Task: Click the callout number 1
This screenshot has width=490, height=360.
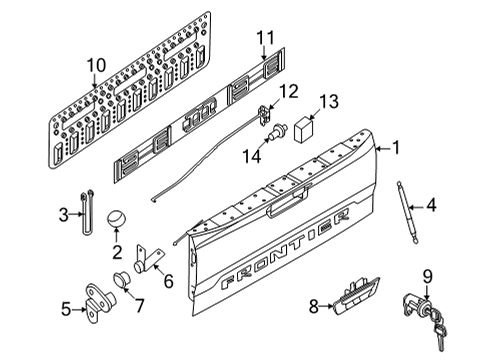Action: (397, 148)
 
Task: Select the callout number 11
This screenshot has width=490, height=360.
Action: (264, 39)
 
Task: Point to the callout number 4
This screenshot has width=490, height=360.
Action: (432, 207)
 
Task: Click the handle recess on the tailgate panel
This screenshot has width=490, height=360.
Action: (286, 207)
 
